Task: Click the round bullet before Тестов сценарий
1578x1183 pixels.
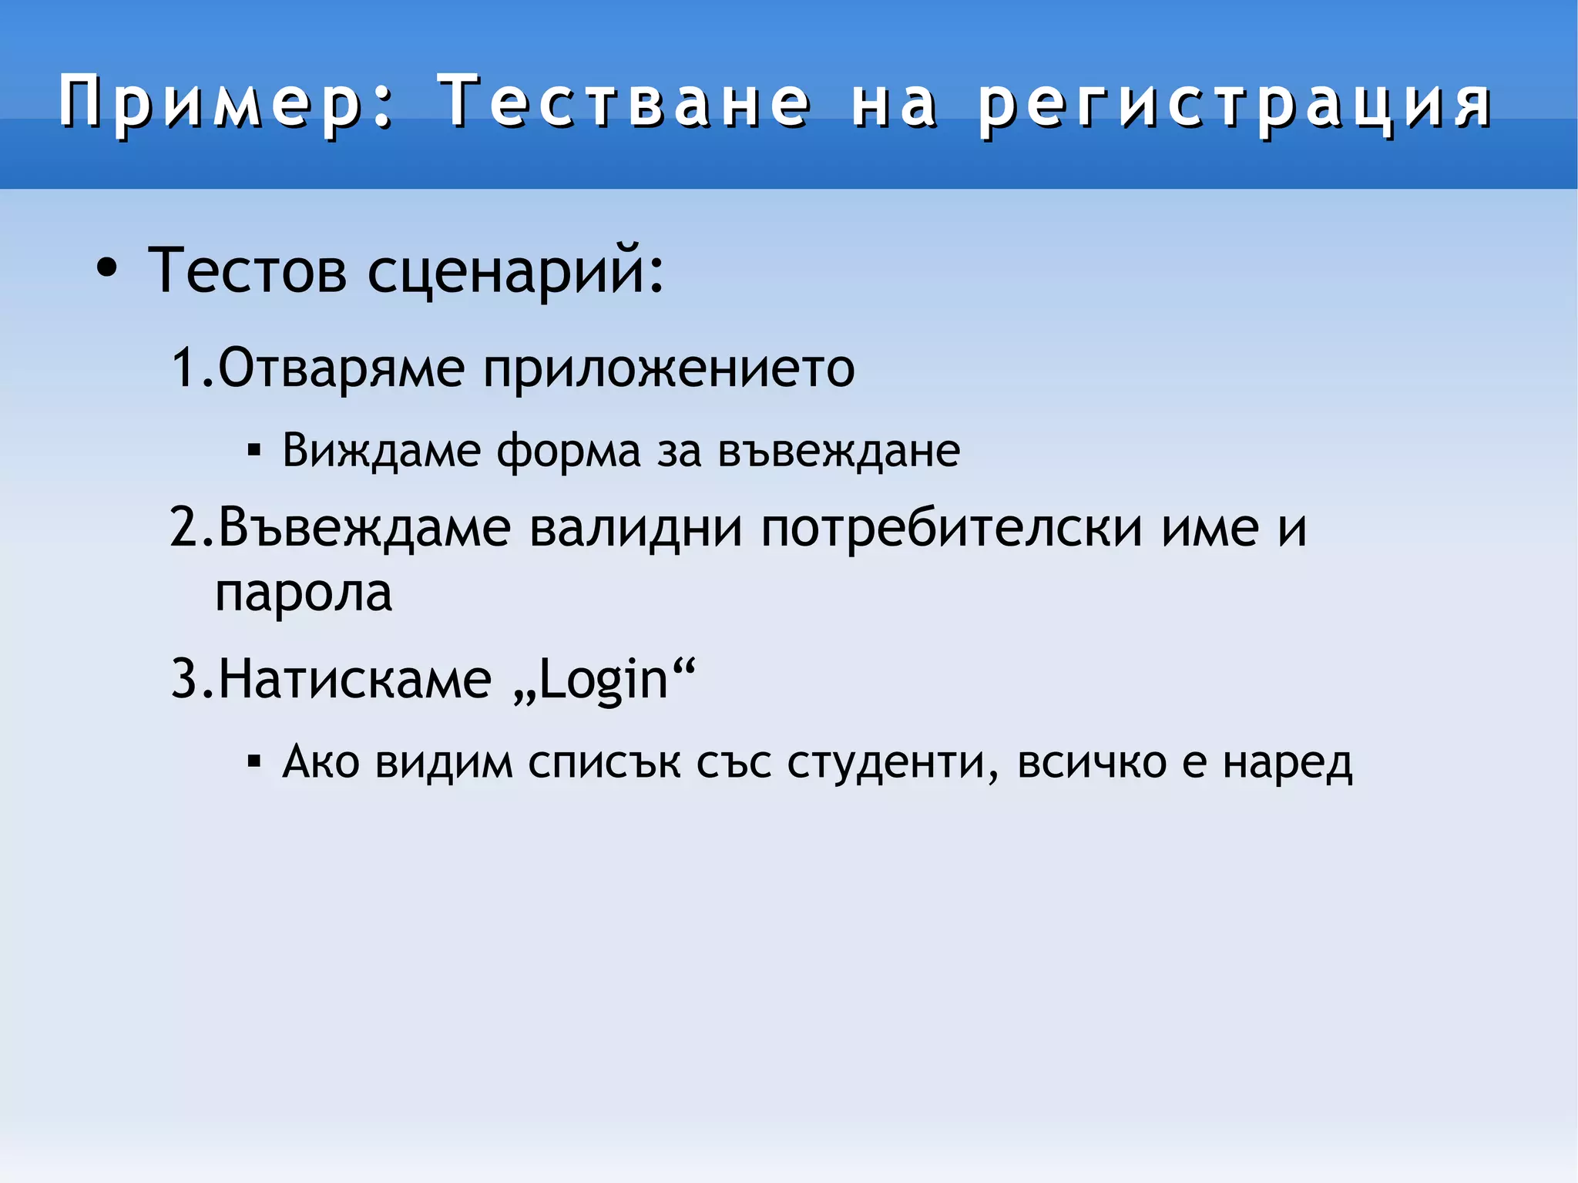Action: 107,269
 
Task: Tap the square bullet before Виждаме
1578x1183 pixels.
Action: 254,449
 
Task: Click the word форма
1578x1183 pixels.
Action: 568,451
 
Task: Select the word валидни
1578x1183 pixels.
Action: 636,528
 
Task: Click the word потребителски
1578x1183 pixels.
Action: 952,528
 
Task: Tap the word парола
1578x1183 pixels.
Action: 303,593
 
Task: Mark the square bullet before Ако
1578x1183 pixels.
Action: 254,762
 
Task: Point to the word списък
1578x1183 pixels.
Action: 604,763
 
